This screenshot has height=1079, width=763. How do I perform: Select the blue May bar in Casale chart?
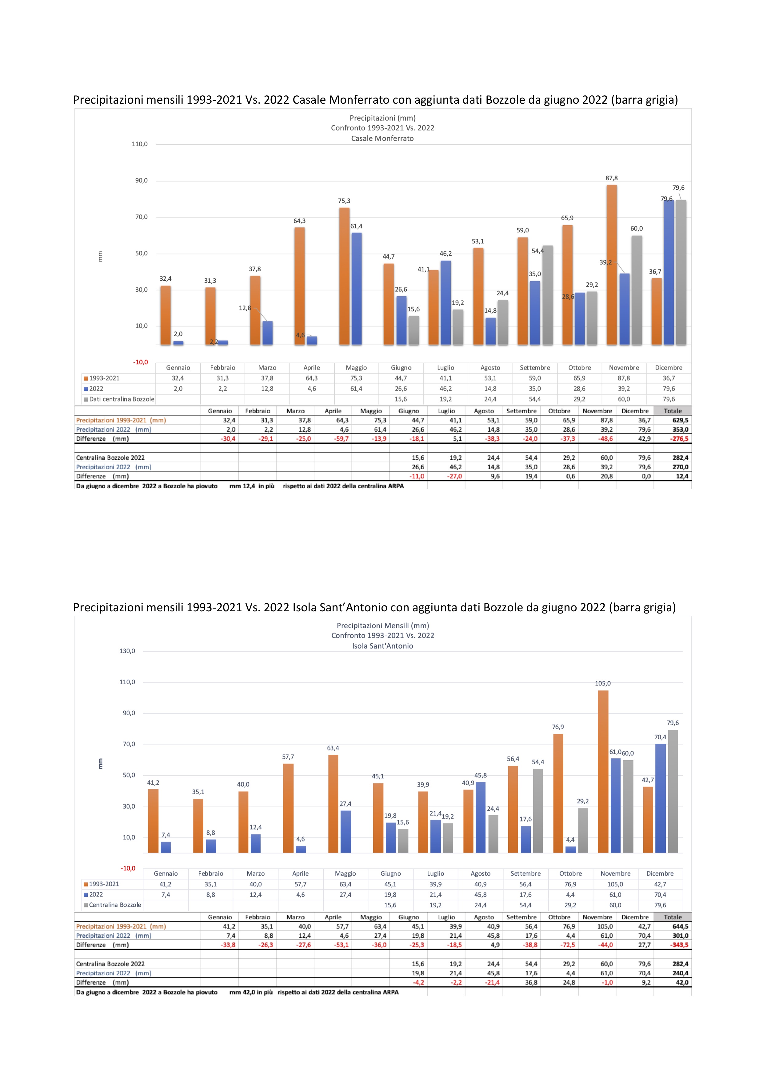point(357,289)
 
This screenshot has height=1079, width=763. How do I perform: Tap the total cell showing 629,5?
point(680,420)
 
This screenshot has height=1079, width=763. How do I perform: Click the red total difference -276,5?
point(679,438)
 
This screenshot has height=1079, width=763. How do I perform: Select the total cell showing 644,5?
point(680,926)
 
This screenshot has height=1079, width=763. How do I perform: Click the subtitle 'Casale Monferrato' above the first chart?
point(382,138)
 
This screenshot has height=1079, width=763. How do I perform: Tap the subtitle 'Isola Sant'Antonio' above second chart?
point(382,646)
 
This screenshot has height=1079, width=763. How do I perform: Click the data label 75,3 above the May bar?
point(344,201)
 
